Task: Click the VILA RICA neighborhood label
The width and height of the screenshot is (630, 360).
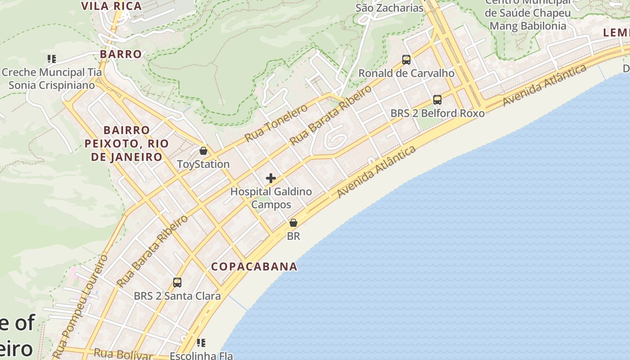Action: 111,6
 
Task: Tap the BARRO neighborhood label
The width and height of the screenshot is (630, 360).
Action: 121,54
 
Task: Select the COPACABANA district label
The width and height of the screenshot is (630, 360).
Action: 254,266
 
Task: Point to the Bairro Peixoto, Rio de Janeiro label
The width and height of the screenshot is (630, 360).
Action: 127,144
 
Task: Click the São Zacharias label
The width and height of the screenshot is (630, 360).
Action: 390,8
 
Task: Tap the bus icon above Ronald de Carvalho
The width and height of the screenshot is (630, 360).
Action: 406,59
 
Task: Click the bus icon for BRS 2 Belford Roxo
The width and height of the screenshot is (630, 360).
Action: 437,99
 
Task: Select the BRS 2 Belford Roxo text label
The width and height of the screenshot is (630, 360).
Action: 437,113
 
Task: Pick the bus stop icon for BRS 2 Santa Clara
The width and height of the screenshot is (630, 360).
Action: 177,283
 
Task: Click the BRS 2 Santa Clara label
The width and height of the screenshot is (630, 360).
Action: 177,296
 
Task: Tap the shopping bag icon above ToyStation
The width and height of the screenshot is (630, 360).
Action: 203,150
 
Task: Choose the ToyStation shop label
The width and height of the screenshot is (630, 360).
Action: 203,164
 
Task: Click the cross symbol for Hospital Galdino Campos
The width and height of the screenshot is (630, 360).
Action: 270,178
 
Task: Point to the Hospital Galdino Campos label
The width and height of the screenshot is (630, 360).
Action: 271,198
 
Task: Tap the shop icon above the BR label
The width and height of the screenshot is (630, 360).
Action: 293,222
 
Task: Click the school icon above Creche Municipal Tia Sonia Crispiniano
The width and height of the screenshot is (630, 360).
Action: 51,58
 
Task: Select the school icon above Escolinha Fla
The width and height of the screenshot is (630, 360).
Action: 201,343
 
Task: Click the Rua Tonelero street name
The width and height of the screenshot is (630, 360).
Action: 276,122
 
